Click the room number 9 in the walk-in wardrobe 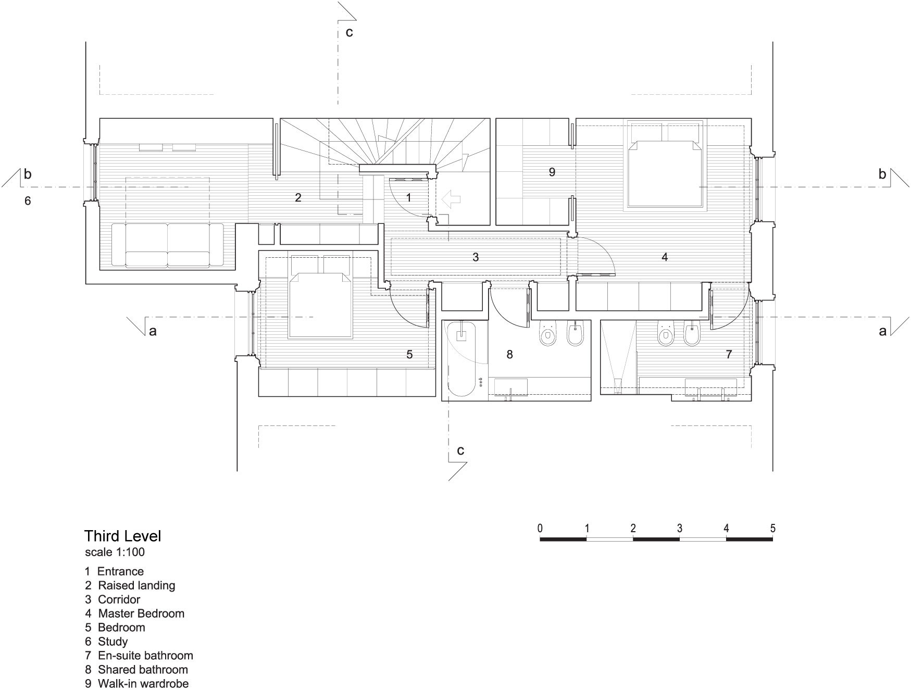[552, 172]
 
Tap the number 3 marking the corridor [476, 257]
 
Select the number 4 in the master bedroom [665, 257]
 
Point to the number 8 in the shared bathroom [509, 355]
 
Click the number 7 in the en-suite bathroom [729, 355]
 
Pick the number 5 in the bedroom [409, 355]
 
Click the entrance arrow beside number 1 [451, 198]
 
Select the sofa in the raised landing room [167, 245]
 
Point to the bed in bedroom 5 [319, 296]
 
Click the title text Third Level [123, 536]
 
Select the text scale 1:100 [115, 552]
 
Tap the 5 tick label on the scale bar [772, 529]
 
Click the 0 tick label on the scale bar [540, 529]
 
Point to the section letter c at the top [349, 32]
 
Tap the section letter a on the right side [882, 331]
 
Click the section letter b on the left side [28, 174]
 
